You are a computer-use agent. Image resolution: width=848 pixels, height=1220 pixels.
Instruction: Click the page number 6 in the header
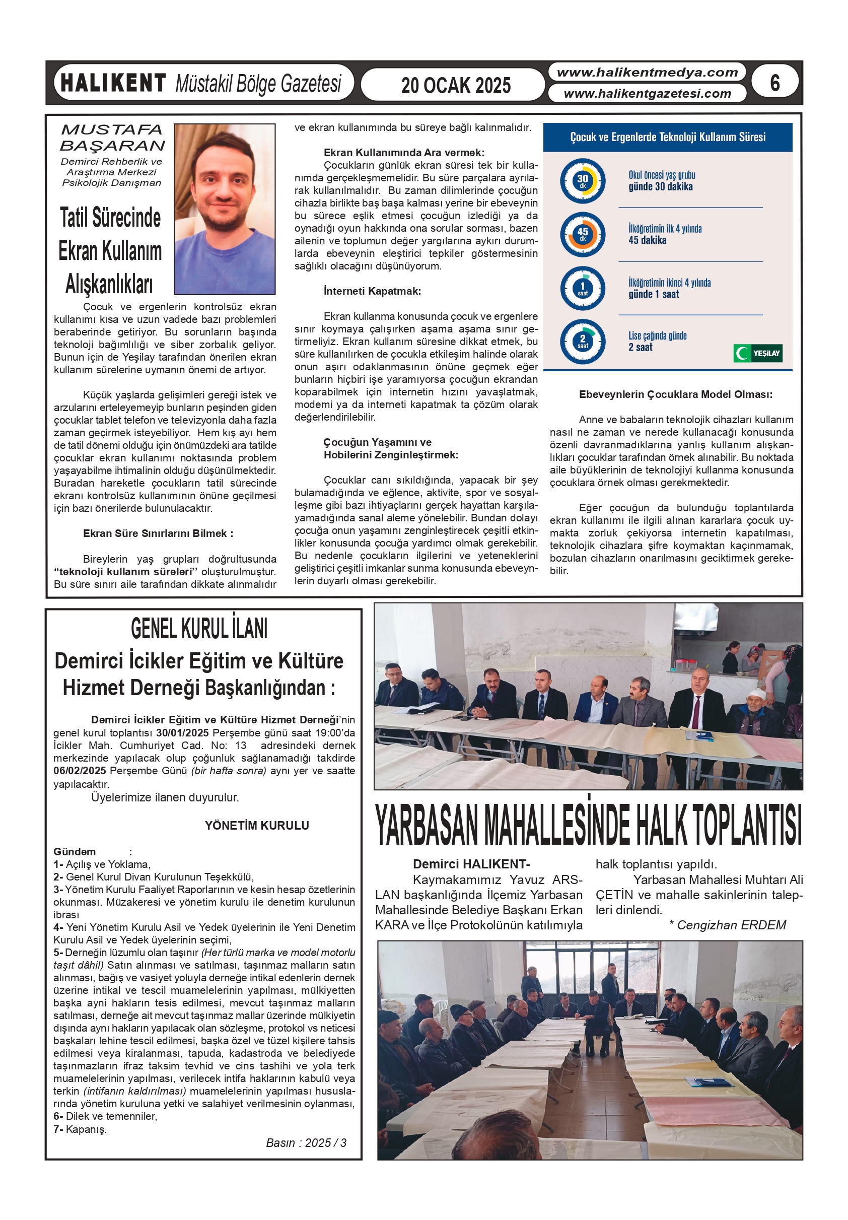coord(774,83)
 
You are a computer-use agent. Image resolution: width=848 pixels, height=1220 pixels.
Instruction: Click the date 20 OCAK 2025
coord(455,85)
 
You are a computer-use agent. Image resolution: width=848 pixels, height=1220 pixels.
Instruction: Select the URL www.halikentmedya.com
coord(647,72)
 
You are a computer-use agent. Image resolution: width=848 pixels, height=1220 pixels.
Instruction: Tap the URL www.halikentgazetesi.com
coord(647,94)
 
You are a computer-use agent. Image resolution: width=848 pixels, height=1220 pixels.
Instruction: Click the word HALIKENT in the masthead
coord(113,84)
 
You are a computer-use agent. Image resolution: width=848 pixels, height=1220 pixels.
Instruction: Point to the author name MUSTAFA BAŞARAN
coord(112,137)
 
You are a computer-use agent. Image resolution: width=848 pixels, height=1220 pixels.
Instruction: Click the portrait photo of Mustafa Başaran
coord(224,209)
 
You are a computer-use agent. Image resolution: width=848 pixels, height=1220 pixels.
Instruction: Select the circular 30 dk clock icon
coord(582,181)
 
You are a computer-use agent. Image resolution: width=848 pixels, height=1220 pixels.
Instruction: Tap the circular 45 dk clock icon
coord(582,234)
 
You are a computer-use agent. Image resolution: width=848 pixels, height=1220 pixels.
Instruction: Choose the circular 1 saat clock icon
coord(582,288)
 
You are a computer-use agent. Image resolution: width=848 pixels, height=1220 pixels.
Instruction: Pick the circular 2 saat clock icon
coord(582,341)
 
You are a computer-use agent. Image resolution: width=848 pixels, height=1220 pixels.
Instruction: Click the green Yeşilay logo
coord(758,353)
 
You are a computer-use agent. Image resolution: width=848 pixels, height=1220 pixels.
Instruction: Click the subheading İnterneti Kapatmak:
coord(372,291)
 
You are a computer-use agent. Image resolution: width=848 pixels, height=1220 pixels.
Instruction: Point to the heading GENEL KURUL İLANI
coord(199,629)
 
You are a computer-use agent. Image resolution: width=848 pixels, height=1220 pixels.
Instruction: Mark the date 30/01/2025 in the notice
coord(182,732)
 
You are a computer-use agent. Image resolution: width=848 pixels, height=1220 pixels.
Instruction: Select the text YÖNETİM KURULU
coord(257,825)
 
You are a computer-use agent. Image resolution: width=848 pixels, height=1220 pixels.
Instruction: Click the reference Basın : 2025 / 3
coord(306,1142)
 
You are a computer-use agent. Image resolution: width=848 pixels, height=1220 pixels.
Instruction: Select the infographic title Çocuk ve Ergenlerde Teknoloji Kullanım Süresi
coord(667,137)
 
